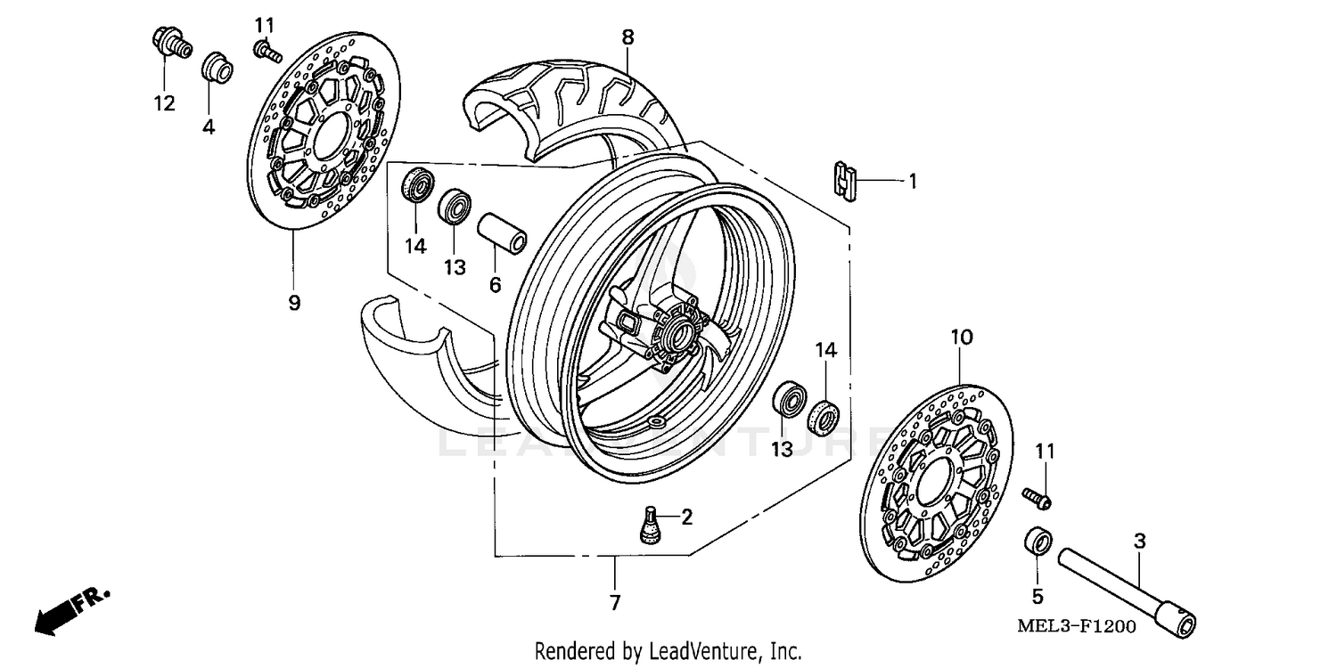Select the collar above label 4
pos(215,68)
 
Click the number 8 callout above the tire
pos(627,37)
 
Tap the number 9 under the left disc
pos(294,303)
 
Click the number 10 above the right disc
pos(962,338)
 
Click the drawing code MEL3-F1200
pos(1076,626)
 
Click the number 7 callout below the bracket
pos(614,602)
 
